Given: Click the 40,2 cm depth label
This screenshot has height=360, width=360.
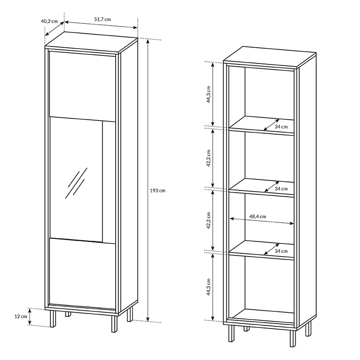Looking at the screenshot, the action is [49, 21].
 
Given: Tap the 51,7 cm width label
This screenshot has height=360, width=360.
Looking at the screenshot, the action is [103, 19].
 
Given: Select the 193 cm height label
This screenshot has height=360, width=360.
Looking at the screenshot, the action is [157, 190].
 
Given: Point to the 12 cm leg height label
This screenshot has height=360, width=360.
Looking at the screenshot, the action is [21, 316].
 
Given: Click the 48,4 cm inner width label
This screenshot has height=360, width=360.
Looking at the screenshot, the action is [257, 216].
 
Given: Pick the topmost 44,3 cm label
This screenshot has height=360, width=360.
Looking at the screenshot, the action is [208, 94].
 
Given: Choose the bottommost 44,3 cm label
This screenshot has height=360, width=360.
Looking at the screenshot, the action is [208, 287].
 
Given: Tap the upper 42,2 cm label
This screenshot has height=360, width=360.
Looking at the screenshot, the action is [208, 158].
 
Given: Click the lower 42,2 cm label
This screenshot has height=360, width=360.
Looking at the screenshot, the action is [208, 220].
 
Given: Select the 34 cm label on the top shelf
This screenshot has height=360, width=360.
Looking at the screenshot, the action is [281, 127].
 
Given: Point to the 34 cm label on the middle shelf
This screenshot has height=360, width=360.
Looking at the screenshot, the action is [281, 189].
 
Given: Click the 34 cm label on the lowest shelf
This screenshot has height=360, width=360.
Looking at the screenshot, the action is [281, 251].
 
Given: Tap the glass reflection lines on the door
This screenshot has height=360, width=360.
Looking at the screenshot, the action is [76, 183].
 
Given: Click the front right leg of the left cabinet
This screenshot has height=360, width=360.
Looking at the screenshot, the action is [114, 324].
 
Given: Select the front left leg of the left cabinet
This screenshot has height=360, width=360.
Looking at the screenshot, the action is [53, 319].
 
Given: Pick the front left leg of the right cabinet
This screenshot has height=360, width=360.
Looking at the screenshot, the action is [231, 333].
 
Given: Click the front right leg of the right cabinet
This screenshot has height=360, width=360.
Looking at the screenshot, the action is [293, 339].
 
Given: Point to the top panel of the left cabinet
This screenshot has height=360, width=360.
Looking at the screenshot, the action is [91, 42].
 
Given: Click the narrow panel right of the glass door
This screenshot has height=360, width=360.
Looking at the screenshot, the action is [109, 182].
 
